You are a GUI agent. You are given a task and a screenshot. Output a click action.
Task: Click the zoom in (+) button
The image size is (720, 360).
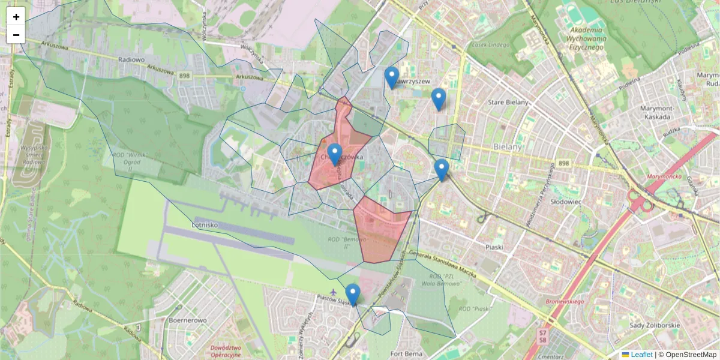[x=16, y=16]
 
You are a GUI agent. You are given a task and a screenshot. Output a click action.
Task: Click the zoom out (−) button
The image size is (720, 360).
[x=16, y=35]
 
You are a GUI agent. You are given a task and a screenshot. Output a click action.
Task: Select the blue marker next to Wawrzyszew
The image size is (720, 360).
[x=392, y=77]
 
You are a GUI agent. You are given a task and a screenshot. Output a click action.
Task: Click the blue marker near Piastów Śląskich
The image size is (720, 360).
[x=353, y=295]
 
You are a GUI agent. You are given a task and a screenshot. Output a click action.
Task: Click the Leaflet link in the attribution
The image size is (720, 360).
[x=641, y=355]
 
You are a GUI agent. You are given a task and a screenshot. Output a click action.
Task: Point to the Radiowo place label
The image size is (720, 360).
[x=131, y=59]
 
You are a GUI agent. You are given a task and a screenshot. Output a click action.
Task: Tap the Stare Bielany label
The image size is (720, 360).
[x=508, y=103]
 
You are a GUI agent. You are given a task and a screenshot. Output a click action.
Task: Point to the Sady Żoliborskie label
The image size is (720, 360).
[x=655, y=325]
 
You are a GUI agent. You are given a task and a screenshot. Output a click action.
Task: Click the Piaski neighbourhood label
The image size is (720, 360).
[x=494, y=247]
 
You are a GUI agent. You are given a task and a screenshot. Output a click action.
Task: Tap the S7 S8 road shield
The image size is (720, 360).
[x=543, y=335]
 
